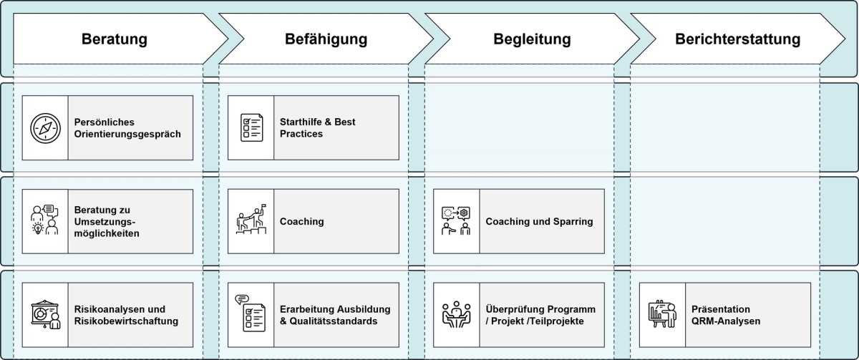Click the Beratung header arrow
(x=115, y=39)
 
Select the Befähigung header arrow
(x=326, y=39)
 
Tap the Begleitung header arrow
(x=532, y=39)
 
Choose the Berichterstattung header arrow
(x=737, y=39)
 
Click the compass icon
(x=45, y=128)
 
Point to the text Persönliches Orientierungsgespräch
(x=127, y=128)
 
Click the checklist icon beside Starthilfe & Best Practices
(x=251, y=128)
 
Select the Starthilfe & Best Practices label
(x=318, y=128)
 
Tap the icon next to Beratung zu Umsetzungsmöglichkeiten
(x=45, y=221)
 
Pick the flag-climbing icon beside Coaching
(x=251, y=221)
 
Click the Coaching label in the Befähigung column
(x=301, y=221)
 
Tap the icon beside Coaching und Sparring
(x=457, y=221)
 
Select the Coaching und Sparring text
(x=539, y=221)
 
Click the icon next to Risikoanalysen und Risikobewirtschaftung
(x=45, y=315)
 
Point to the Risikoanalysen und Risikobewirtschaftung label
(x=125, y=315)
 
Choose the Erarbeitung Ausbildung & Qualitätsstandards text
(x=335, y=315)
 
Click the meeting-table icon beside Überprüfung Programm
(x=457, y=315)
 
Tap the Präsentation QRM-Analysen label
(x=726, y=315)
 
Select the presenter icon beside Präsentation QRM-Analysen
(x=662, y=315)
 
